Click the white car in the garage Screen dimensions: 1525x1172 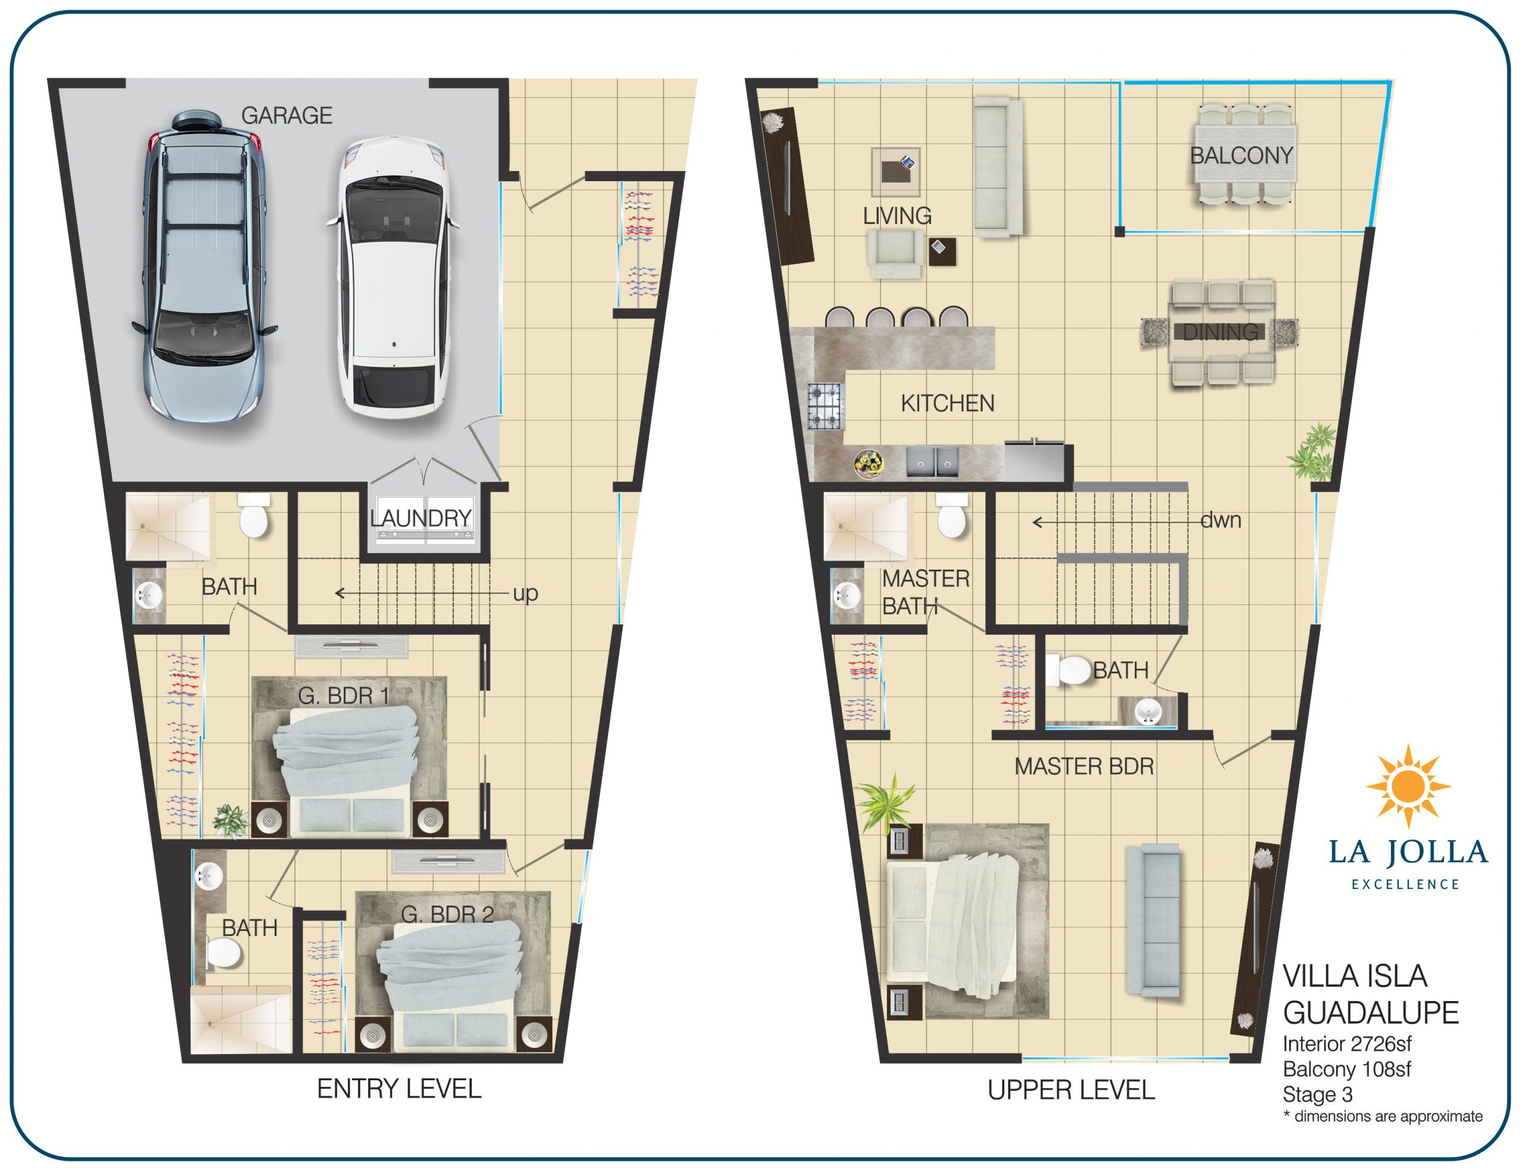tap(392, 277)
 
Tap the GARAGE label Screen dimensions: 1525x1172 tap(287, 115)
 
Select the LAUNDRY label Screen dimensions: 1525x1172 tap(421, 518)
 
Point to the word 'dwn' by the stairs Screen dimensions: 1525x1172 tap(1220, 520)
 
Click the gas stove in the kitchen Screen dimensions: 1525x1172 tap(826, 406)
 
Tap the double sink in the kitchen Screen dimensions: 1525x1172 tap(932, 462)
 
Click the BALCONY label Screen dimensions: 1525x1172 tap(1241, 156)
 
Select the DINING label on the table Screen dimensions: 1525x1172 tap(1220, 332)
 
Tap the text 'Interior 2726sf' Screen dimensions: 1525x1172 tap(1346, 1044)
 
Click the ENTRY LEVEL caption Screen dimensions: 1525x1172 tap(399, 1089)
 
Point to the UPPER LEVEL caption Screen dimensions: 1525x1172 tap(1071, 1090)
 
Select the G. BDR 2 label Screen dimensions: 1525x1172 tap(447, 914)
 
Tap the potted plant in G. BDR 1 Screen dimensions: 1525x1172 tap(230, 821)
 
